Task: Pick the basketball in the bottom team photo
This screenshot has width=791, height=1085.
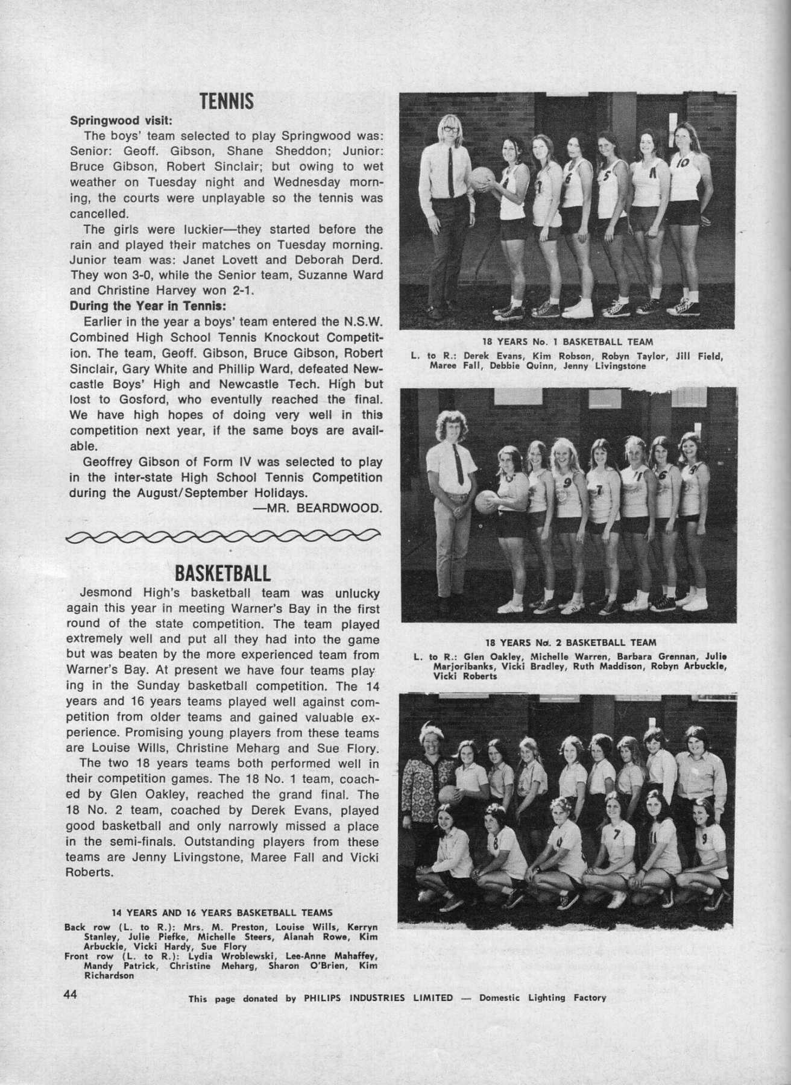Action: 448,794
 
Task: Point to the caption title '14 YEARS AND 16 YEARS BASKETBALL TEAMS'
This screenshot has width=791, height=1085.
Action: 222,912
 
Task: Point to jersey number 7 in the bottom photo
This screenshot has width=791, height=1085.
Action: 616,835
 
